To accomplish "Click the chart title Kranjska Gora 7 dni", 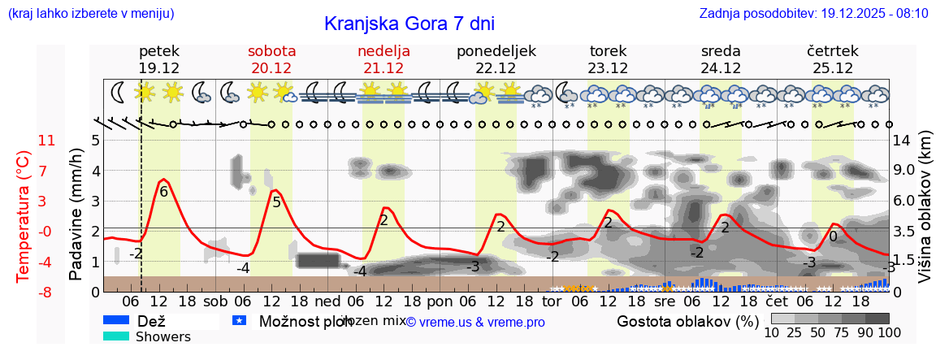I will pyautogui.click(x=409, y=24).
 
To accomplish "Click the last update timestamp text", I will pyautogui.click(x=813, y=13).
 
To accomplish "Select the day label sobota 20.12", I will pyautogui.click(x=271, y=59).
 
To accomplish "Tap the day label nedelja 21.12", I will pyautogui.click(x=383, y=59).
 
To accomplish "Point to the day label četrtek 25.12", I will pyautogui.click(x=833, y=59).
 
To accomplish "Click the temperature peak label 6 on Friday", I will pyautogui.click(x=163, y=192).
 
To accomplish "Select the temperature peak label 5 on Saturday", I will pyautogui.click(x=276, y=202).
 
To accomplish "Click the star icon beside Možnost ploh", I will pyautogui.click(x=239, y=321).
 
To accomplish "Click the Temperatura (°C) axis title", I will pyautogui.click(x=24, y=215).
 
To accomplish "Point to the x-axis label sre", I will pyautogui.click(x=665, y=301).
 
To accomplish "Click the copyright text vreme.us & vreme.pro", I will pyautogui.click(x=475, y=323).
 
